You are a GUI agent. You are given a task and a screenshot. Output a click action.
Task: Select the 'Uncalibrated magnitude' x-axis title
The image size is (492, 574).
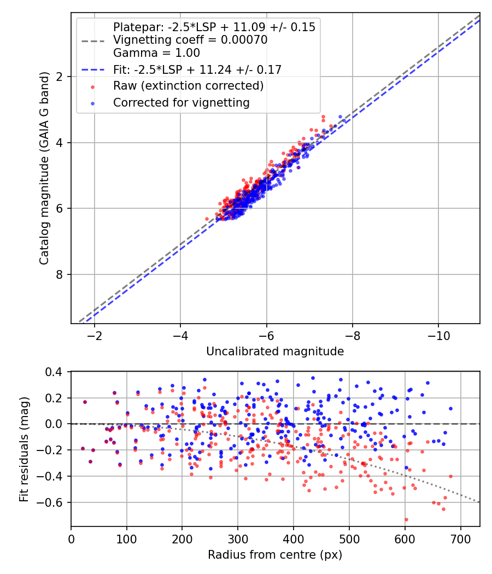tap(275, 352)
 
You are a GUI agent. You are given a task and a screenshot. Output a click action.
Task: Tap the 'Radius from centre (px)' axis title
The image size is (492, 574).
tap(275, 554)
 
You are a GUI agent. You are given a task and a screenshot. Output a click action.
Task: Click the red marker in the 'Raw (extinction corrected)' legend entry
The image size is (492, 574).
tap(92, 86)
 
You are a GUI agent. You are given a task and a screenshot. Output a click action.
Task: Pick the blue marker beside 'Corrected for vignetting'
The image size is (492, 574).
tap(92, 103)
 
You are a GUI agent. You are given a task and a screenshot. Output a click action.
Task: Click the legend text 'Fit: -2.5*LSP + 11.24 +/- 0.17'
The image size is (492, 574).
tap(197, 70)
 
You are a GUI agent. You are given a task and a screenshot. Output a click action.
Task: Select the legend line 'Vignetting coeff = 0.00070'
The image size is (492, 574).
tap(190, 40)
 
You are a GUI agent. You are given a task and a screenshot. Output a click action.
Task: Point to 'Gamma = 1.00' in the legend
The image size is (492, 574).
tap(156, 53)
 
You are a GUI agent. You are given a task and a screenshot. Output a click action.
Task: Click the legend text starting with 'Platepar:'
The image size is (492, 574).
tap(214, 27)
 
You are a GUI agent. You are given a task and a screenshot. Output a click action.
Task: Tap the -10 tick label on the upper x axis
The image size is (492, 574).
tap(438, 335)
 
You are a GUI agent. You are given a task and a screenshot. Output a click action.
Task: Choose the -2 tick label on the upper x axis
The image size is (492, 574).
tap(95, 335)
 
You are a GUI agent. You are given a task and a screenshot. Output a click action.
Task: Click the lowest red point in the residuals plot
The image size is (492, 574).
tap(406, 519)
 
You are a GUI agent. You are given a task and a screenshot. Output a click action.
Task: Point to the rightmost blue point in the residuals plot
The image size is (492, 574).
tap(450, 408)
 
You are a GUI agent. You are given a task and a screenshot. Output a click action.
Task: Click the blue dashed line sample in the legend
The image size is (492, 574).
tap(92, 70)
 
